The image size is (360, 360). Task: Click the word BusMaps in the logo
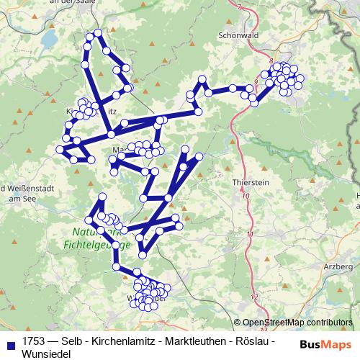[x=325, y=343]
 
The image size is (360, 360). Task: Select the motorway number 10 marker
[x=246, y=195]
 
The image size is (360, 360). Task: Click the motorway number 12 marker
[x=254, y=296]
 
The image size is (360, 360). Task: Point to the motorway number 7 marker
[x=238, y=6]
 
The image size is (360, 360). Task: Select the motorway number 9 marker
[x=256, y=81]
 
